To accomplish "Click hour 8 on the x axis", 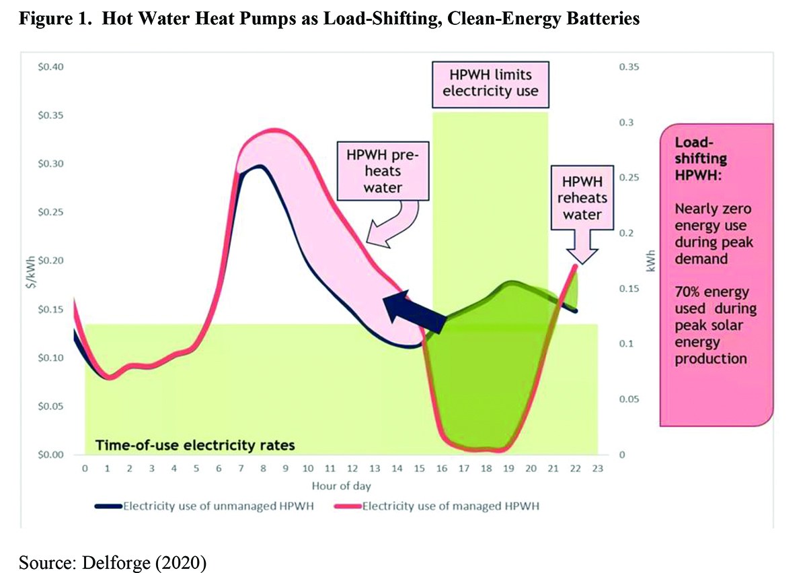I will click(x=263, y=468).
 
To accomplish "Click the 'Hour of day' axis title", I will click(x=340, y=485).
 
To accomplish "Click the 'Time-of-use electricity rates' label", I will click(x=195, y=445).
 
